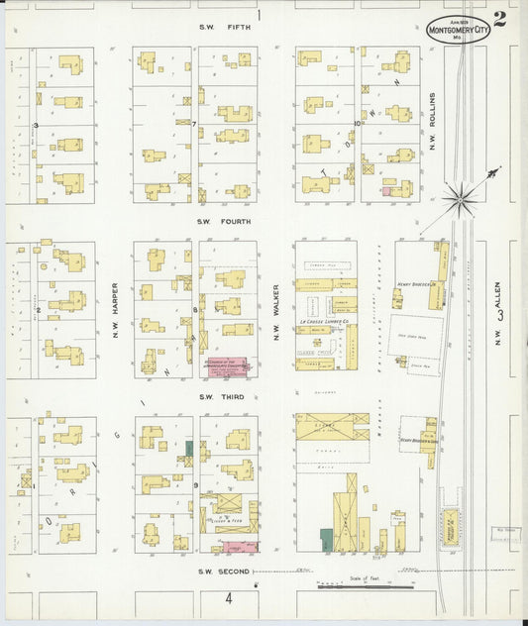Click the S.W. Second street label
pos(218,572)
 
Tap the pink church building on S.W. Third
pos(227,367)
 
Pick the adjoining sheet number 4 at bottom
pos(228,599)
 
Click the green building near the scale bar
pos(326,540)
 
